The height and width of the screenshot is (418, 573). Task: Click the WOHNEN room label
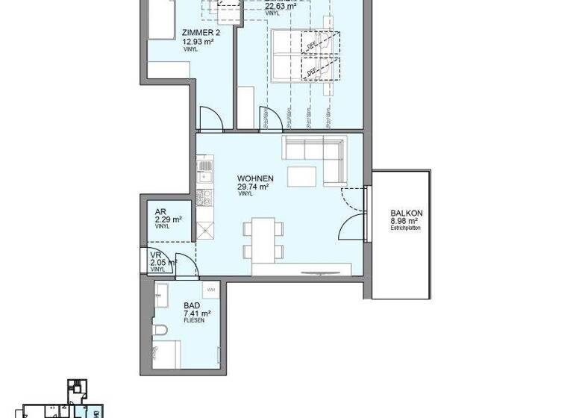[255, 178]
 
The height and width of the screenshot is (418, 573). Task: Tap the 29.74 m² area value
[253, 187]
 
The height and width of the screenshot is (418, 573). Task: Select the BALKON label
[407, 213]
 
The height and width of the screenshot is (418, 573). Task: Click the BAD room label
[191, 305]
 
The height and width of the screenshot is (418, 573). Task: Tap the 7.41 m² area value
[195, 313]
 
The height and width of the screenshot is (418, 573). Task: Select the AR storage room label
[160, 211]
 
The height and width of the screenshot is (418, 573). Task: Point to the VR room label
[156, 255]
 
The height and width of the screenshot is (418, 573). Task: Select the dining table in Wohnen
[263, 238]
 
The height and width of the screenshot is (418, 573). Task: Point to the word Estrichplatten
[406, 228]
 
